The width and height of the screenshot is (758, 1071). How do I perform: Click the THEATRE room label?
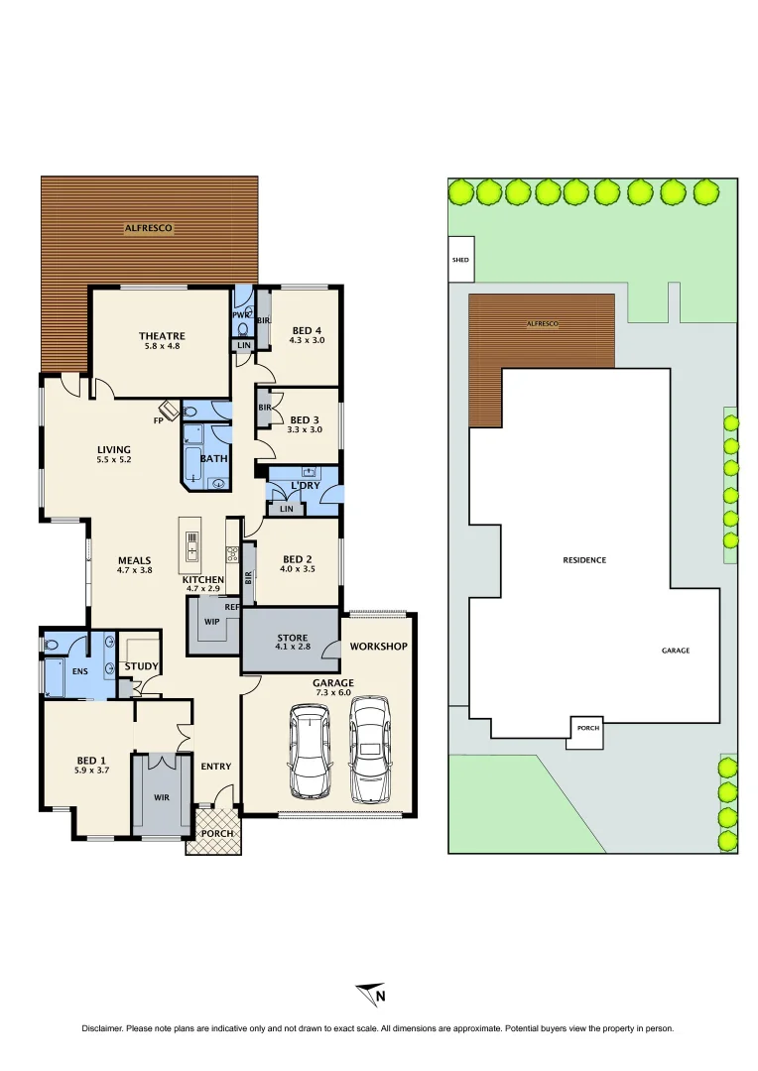click(x=162, y=336)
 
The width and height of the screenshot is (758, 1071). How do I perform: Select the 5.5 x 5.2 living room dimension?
click(x=114, y=460)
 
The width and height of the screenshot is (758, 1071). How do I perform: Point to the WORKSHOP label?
click(x=378, y=647)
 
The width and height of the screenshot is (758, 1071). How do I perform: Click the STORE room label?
click(x=292, y=638)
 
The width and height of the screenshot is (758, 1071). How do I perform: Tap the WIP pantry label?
click(x=210, y=622)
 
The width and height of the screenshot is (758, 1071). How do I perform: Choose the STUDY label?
click(x=141, y=665)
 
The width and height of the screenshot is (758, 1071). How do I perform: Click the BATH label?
click(x=213, y=459)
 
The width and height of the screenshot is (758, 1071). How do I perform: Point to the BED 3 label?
click(x=306, y=419)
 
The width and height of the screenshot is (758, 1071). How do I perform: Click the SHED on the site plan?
click(x=460, y=260)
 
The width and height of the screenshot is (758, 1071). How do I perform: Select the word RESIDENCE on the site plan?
click(x=584, y=560)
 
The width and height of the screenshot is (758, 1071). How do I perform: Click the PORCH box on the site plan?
click(x=587, y=728)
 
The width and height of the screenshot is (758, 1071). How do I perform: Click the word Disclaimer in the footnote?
click(x=105, y=1029)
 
